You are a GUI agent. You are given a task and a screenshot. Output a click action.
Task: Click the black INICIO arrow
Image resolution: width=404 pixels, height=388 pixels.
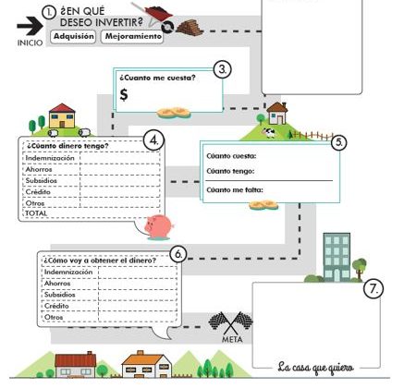[x=30, y=26]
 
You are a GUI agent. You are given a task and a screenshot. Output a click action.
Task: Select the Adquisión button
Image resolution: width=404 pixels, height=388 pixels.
[x=73, y=36]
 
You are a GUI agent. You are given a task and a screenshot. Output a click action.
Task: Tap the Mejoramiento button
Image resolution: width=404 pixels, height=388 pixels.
[x=133, y=36]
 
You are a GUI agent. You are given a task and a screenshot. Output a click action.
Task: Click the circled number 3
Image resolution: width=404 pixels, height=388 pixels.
[x=223, y=69]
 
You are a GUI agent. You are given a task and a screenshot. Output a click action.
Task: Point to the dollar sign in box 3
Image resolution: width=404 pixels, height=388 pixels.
[x=124, y=94]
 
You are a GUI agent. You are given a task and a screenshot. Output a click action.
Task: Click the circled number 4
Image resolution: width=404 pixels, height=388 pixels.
[x=153, y=141]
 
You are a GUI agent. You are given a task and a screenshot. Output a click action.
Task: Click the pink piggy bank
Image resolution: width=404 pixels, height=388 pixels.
[x=159, y=226]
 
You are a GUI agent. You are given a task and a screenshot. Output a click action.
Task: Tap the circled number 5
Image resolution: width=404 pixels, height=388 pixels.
[x=338, y=142]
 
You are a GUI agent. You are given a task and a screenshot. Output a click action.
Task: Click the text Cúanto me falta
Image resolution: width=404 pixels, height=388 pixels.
[x=235, y=190]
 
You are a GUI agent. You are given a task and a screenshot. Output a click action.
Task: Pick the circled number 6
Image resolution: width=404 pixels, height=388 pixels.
[x=178, y=254]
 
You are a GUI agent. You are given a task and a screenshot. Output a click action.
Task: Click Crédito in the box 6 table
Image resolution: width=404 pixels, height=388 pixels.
[x=56, y=306]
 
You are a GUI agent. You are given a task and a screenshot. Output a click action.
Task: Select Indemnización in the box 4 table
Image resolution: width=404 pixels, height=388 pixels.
[x=50, y=158]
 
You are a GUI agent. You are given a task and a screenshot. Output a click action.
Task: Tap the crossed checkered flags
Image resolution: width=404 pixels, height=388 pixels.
[x=230, y=322]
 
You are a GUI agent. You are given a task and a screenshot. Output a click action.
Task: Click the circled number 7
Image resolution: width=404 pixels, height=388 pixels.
[x=373, y=289]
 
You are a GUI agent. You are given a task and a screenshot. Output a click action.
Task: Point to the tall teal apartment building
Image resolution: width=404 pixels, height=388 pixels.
[x=337, y=258]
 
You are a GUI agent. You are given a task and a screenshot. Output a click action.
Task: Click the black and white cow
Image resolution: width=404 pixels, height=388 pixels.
[x=269, y=133]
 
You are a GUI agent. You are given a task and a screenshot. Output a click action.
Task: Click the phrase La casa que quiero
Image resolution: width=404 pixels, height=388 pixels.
[x=315, y=368]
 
